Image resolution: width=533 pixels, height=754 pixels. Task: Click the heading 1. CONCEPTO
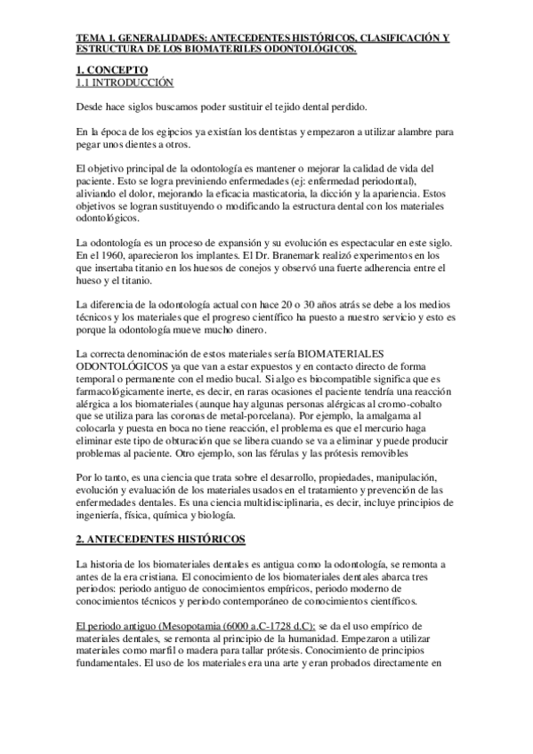[x=112, y=69]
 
